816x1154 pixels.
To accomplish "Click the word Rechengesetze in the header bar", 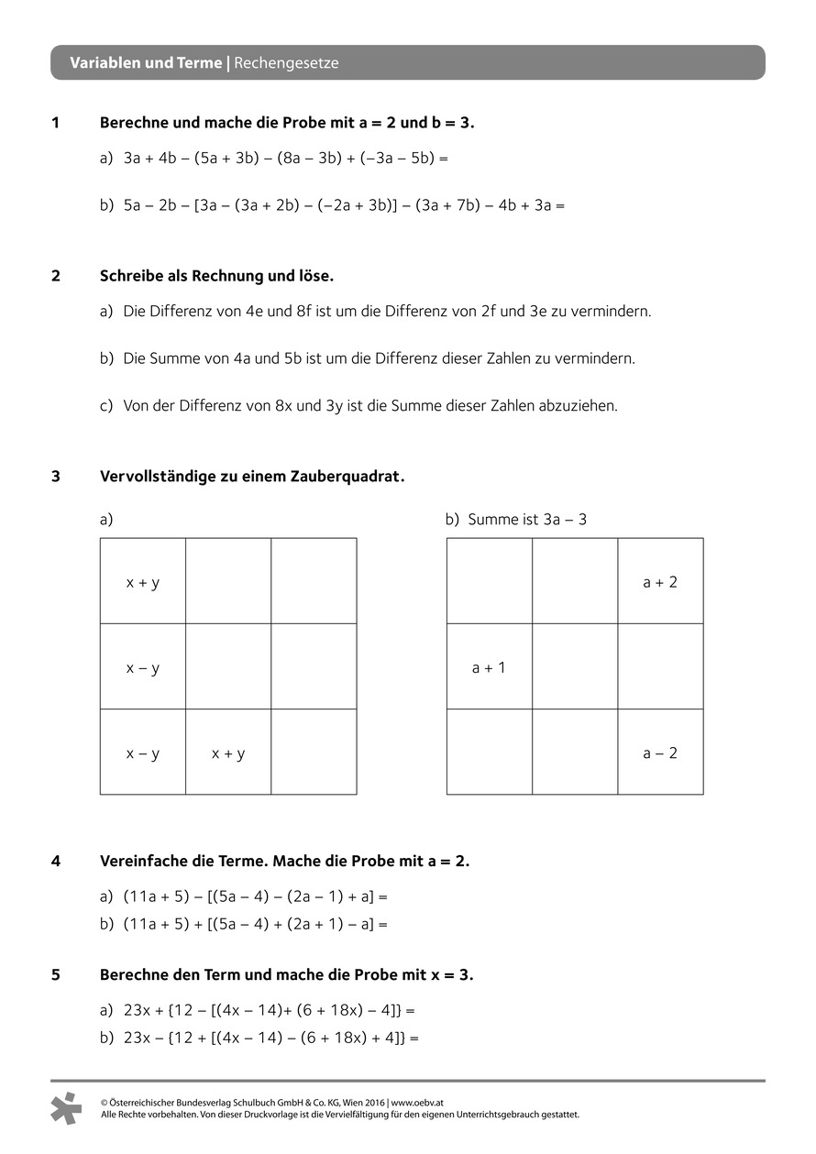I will [287, 63].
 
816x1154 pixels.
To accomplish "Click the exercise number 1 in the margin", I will [56, 122].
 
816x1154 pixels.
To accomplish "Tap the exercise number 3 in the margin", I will [56, 477].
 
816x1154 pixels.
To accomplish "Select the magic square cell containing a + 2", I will [660, 582].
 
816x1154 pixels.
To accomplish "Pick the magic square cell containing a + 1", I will [489, 667].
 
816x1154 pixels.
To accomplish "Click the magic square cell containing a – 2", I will [660, 753].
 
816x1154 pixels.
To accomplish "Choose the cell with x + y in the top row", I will [143, 582].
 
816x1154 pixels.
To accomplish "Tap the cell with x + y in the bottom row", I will [228, 753].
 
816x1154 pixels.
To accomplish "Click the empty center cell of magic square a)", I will [228, 667].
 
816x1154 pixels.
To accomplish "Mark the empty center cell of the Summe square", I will [575, 667].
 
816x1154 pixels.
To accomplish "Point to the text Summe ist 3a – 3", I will [527, 520].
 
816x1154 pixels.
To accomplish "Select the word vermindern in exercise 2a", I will [611, 311].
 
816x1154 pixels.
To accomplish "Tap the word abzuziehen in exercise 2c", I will [581, 405].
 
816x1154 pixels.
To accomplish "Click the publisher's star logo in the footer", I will [66, 1108].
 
